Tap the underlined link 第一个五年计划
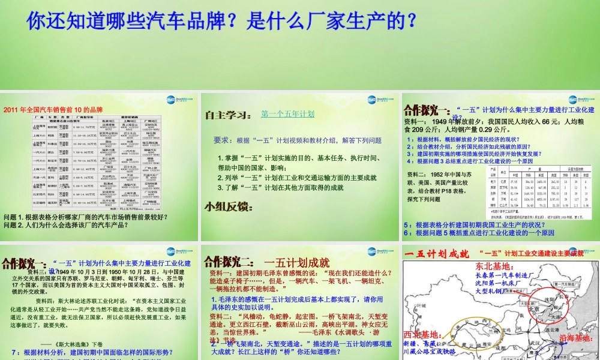click(287, 113)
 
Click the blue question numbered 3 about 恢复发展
click(473, 154)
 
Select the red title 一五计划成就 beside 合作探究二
click(296, 262)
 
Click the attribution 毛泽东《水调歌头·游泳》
click(336, 333)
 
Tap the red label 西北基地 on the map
click(422, 334)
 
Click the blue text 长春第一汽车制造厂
click(498, 275)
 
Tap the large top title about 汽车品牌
click(221, 20)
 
